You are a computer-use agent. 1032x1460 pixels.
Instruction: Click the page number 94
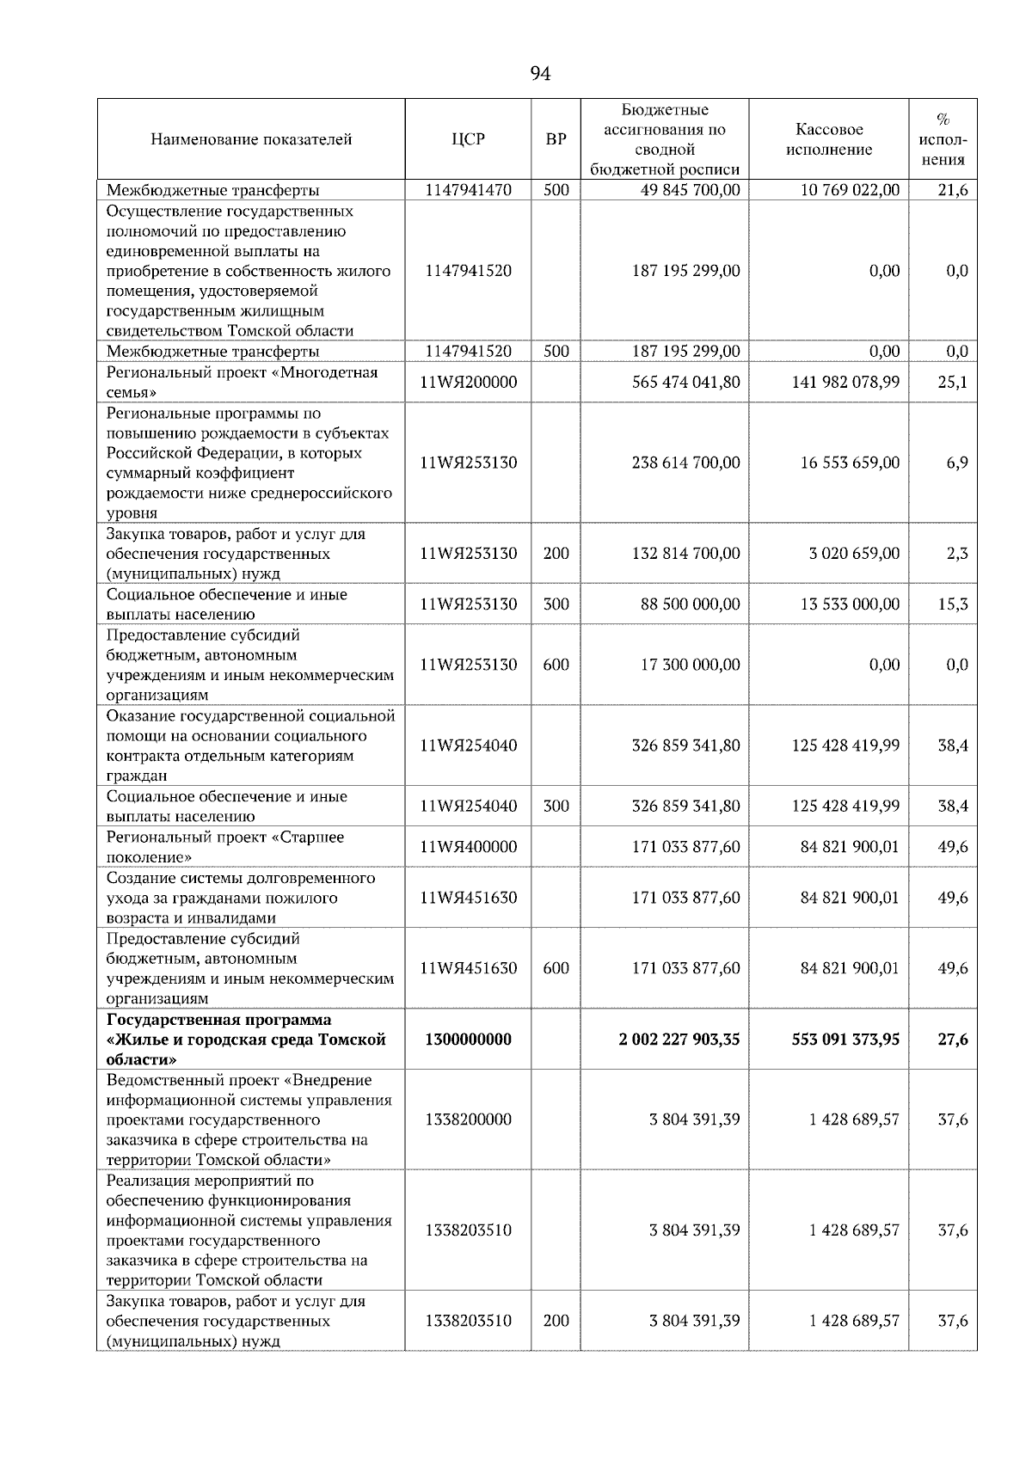(x=540, y=74)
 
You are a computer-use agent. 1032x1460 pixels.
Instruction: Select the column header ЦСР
(x=468, y=139)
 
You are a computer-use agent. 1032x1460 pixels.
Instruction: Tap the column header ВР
(x=556, y=139)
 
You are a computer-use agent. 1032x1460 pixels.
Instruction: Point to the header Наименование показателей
(x=251, y=139)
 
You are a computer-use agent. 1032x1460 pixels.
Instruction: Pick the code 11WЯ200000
(x=468, y=382)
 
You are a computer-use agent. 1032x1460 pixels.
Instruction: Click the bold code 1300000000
(x=468, y=1040)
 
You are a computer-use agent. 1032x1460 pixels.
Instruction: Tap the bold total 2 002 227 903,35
(x=679, y=1040)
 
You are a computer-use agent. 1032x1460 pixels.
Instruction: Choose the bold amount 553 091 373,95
(x=845, y=1040)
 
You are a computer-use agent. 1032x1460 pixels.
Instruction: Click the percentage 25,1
(x=952, y=382)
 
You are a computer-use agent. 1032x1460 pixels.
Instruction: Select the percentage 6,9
(x=956, y=463)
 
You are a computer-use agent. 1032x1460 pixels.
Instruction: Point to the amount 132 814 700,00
(x=685, y=553)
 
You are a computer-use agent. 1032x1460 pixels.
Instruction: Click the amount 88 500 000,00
(x=691, y=604)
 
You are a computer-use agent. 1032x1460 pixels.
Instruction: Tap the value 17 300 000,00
(x=691, y=665)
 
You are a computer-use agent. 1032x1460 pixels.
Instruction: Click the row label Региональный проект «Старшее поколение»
(x=225, y=847)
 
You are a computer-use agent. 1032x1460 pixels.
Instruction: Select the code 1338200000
(x=468, y=1120)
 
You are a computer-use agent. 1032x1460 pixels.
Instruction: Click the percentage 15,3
(x=952, y=604)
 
